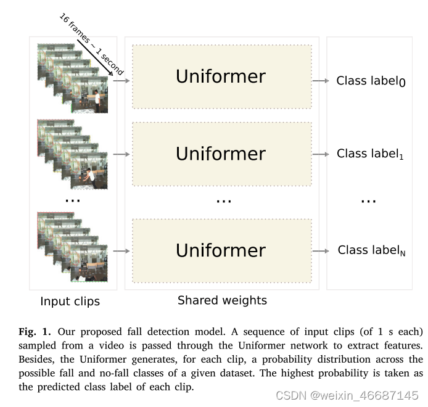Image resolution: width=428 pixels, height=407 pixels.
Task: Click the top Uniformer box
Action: pos(221,76)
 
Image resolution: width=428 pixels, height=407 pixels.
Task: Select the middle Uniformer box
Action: pos(221,153)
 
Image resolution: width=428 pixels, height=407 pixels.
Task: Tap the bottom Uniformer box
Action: pos(221,250)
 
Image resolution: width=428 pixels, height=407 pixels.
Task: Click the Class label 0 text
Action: pos(371,81)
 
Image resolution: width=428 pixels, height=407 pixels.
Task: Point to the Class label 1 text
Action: pos(370,154)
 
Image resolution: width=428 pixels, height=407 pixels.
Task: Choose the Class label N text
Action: pos(371,250)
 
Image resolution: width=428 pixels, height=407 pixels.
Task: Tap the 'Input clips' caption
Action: pos(70,302)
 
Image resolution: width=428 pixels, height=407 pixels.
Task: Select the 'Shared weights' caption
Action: pos(222,300)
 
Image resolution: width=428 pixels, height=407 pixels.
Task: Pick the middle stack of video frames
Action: pos(73,154)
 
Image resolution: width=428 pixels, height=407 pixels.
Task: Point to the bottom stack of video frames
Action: pos(73,247)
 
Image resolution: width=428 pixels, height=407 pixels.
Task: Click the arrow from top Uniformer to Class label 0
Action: pos(320,81)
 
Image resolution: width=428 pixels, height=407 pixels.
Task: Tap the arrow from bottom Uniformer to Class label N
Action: pos(320,250)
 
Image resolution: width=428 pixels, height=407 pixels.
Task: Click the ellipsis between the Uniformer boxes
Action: pos(223,200)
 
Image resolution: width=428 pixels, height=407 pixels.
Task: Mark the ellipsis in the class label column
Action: pos(368,200)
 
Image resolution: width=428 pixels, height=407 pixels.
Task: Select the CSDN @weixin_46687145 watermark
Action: pos(347,395)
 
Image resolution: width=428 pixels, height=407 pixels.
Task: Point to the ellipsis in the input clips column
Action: pos(72,200)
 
